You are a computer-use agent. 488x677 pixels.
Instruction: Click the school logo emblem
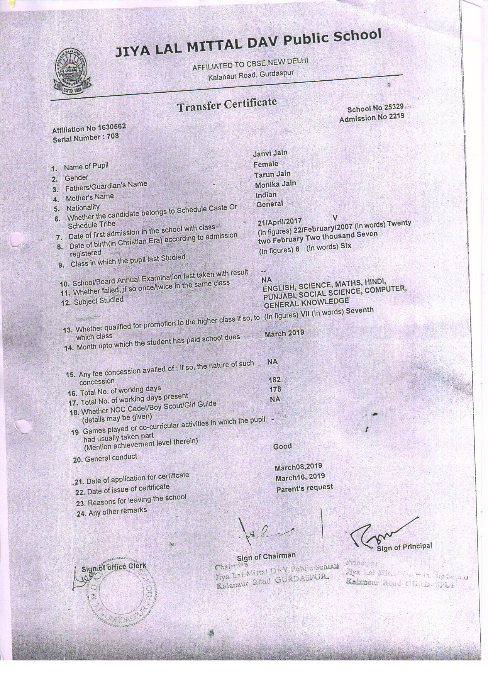point(72,73)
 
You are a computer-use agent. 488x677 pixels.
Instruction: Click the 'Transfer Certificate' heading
point(227,104)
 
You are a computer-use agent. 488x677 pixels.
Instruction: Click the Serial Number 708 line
point(86,137)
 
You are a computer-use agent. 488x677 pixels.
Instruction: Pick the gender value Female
point(266,164)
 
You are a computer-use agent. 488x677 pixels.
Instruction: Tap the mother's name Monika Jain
point(275,184)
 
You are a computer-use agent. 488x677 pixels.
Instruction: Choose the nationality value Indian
point(266,195)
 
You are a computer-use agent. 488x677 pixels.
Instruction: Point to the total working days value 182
point(274,380)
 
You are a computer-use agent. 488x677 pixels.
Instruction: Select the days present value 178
point(275,389)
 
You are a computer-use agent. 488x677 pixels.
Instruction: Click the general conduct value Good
point(282,446)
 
